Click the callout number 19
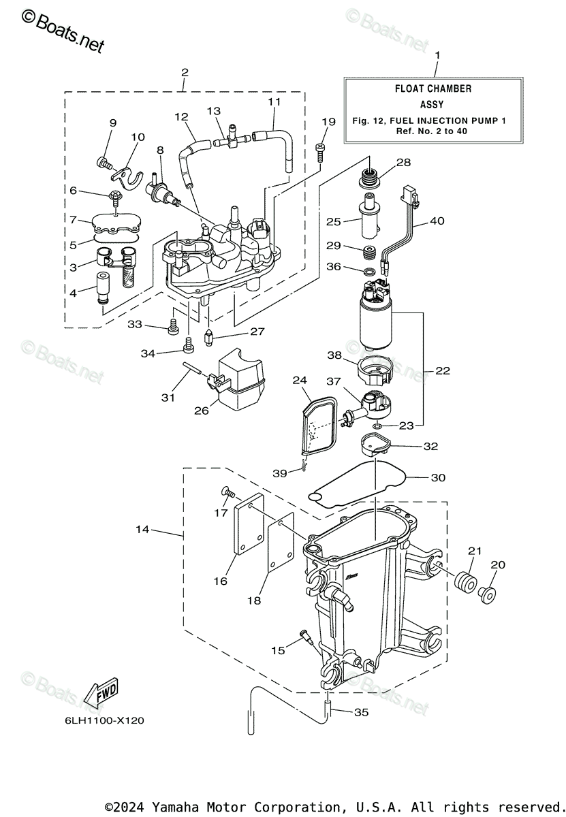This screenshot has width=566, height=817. point(328,121)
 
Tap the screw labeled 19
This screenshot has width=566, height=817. point(319,153)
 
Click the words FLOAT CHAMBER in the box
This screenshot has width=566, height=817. point(433,89)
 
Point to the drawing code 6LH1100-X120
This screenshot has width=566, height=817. point(105,721)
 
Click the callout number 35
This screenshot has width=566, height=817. point(361,711)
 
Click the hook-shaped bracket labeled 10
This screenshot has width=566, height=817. point(127,177)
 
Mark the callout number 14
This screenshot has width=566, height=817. point(142,529)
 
